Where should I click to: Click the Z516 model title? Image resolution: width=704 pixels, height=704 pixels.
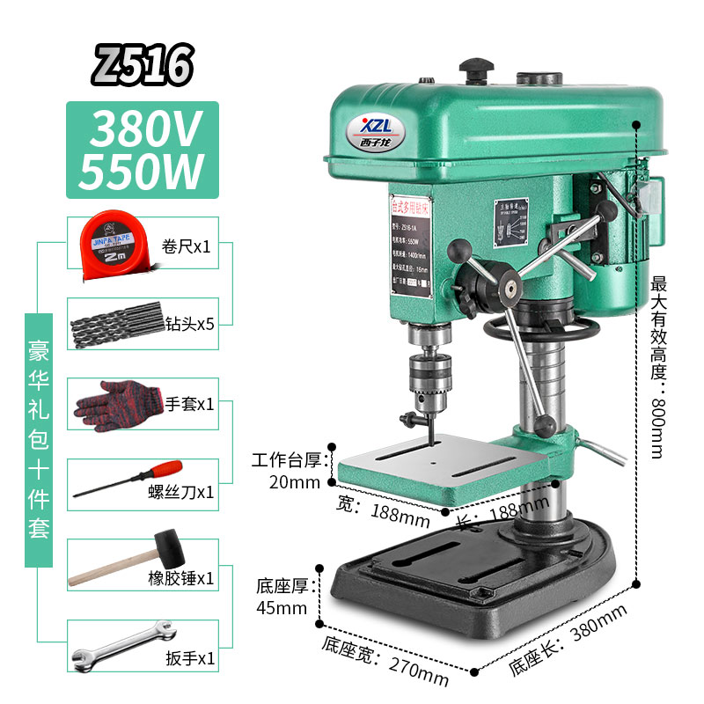click(x=143, y=64)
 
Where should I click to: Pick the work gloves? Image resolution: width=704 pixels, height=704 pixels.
click(x=115, y=403)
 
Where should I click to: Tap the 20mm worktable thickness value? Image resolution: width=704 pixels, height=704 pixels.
click(x=296, y=481)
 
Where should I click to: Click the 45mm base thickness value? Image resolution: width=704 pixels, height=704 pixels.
click(x=282, y=607)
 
